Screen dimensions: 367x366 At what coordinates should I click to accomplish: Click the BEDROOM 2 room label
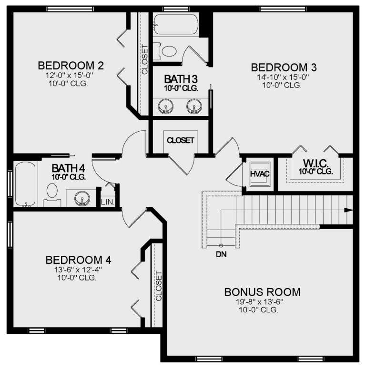coord(71,65)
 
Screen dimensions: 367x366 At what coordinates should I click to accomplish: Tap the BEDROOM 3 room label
coord(284,67)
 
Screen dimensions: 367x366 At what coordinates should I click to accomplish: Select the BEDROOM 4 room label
coord(78,260)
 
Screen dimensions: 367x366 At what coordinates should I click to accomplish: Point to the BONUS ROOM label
coord(262,291)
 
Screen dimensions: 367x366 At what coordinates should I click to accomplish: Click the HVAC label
coord(260,174)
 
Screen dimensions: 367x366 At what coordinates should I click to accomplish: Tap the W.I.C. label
coord(315,163)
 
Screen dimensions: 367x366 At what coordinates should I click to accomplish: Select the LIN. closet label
coord(107,202)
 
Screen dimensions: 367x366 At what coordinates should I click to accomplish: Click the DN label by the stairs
coord(221,254)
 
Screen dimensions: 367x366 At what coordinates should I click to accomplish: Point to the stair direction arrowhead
coord(348,210)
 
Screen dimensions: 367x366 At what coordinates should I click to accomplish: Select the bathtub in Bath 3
coord(175,24)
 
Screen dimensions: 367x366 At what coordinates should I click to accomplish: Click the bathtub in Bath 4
coord(24,184)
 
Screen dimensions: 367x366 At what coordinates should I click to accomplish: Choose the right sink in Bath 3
coord(193,106)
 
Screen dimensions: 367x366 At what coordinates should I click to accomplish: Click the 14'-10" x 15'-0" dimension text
coord(281,77)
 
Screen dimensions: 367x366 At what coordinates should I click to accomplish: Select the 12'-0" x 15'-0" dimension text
coord(71,75)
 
